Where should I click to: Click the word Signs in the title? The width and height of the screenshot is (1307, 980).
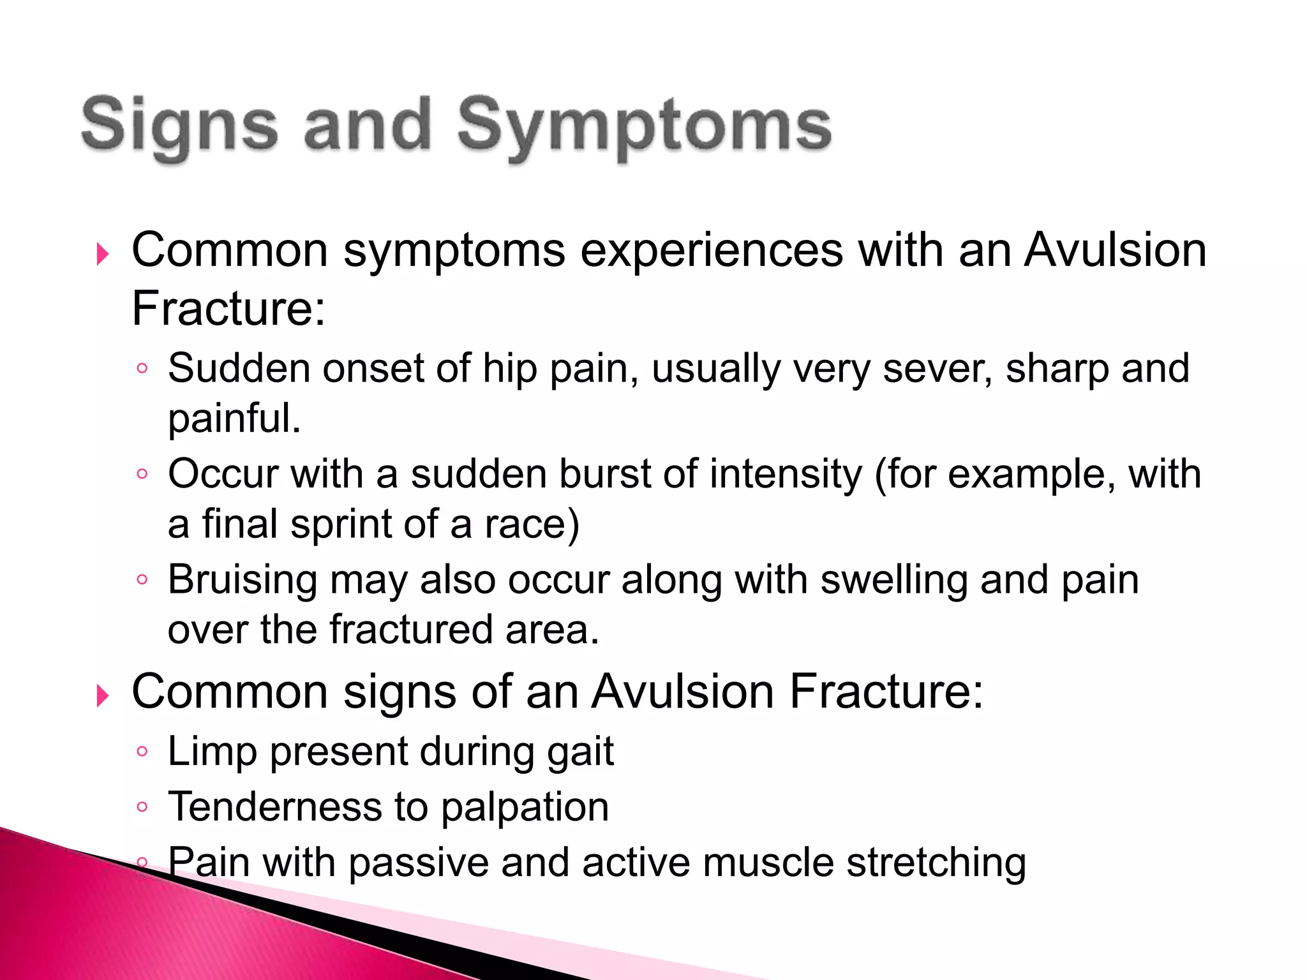tap(179, 125)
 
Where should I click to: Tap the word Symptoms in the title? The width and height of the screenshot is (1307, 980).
tap(644, 125)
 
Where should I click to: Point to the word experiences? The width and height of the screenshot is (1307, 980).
tap(711, 250)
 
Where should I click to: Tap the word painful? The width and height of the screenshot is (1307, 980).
tap(234, 419)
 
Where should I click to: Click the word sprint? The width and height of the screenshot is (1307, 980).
tap(340, 524)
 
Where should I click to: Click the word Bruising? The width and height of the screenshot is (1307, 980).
tap(243, 581)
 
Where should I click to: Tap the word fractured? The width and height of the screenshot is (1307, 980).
tap(410, 630)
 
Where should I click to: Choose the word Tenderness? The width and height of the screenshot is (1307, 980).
tap(274, 807)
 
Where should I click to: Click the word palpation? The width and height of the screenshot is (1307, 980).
tap(525, 807)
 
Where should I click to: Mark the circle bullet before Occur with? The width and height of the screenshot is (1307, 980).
tap(142, 474)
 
